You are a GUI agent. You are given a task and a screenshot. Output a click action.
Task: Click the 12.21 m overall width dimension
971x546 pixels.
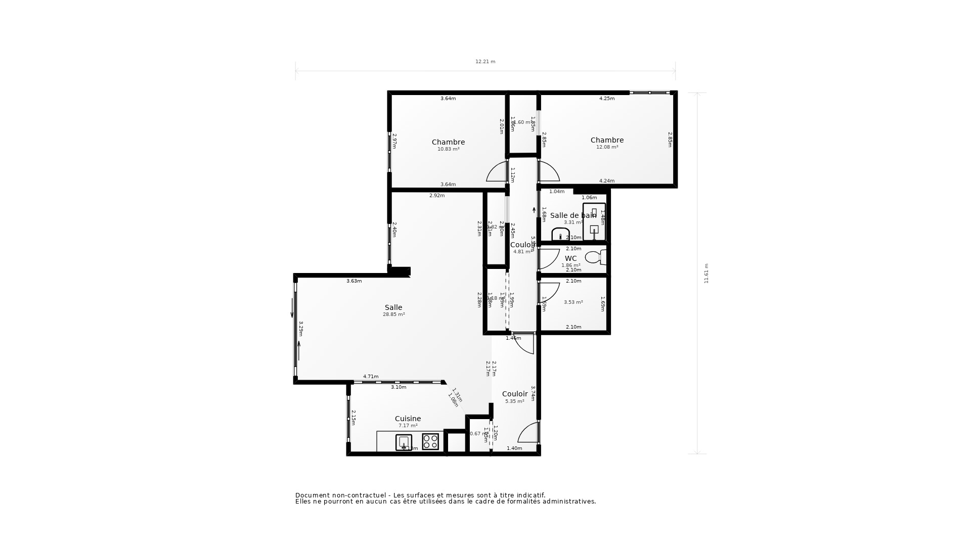pyautogui.click(x=485, y=62)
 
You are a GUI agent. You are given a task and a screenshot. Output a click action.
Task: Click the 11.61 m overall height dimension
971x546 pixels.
pyautogui.click(x=707, y=273)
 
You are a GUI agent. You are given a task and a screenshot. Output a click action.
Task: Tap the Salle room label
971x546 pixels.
pyautogui.click(x=393, y=307)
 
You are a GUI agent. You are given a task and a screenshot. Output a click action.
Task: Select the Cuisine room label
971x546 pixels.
pyautogui.click(x=408, y=419)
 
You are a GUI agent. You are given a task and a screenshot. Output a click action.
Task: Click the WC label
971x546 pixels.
pyautogui.click(x=570, y=258)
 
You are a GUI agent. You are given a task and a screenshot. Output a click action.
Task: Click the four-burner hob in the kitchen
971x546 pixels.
pyautogui.click(x=430, y=442)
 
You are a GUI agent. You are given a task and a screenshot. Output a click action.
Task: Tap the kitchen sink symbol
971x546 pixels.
pyautogui.click(x=404, y=442)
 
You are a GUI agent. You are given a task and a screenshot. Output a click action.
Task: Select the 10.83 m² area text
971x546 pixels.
pyautogui.click(x=448, y=149)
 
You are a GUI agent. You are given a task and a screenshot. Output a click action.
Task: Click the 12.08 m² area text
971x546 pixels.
pyautogui.click(x=607, y=147)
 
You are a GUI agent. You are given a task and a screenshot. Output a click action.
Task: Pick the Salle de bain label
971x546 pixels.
pyautogui.click(x=573, y=215)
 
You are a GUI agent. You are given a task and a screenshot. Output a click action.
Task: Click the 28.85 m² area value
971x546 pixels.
pyautogui.click(x=393, y=314)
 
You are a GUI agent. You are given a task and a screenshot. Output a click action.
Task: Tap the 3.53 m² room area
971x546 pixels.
pyautogui.click(x=573, y=302)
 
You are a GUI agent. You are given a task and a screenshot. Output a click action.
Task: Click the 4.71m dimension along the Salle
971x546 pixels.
pyautogui.click(x=371, y=377)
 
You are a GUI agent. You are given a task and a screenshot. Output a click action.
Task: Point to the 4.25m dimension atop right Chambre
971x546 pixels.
pyautogui.click(x=607, y=99)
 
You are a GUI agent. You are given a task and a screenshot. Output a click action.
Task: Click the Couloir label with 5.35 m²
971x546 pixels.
pyautogui.click(x=515, y=394)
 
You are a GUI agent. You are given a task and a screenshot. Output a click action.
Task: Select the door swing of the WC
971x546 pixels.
pyautogui.click(x=549, y=259)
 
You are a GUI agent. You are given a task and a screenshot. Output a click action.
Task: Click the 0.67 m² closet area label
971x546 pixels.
pyautogui.click(x=476, y=434)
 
